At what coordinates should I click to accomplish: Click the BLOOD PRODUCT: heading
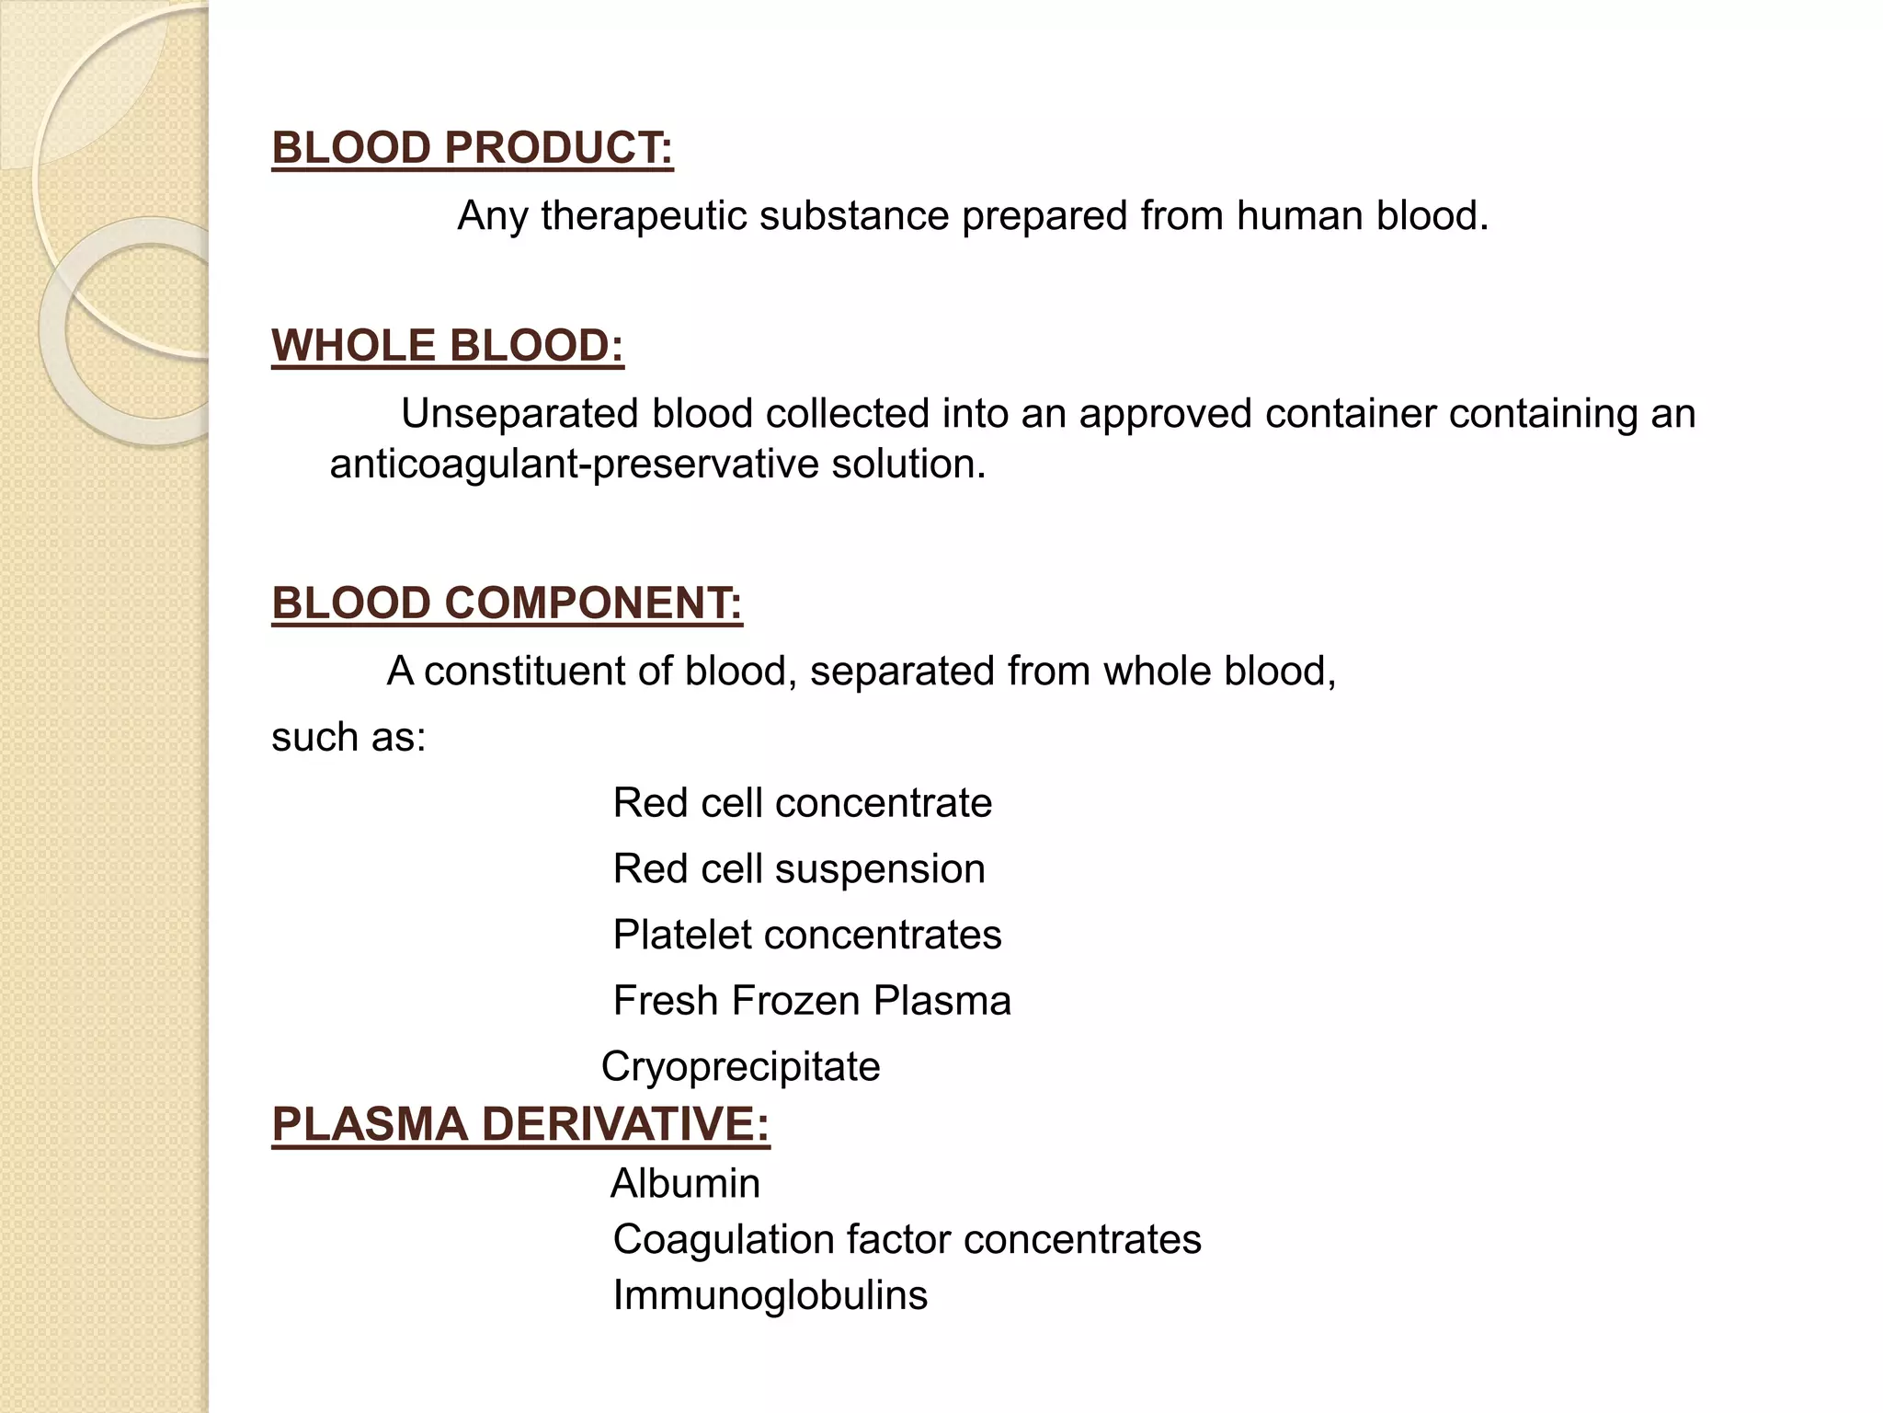473,148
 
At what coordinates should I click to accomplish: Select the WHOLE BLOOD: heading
448,346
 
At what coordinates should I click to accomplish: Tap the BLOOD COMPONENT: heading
507,603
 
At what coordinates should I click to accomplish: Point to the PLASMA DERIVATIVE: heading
520,1124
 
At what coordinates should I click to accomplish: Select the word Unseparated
520,414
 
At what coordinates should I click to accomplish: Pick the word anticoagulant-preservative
575,464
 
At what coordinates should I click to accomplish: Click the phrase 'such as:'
348,737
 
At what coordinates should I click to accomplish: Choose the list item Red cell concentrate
802,803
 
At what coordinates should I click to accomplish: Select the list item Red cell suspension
798,869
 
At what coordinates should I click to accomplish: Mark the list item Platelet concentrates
806,936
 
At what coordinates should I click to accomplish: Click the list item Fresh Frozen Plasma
811,1001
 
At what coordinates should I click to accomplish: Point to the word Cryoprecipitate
740,1067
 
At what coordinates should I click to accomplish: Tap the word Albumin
685,1183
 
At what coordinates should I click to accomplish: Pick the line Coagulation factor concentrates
907,1239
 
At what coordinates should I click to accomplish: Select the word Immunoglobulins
770,1295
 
